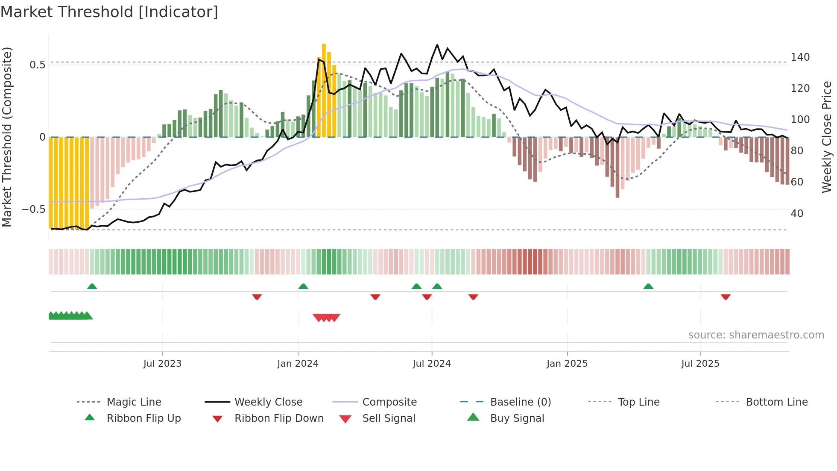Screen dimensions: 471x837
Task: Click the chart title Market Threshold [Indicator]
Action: (x=109, y=12)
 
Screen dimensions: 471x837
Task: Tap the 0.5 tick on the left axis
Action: (x=37, y=65)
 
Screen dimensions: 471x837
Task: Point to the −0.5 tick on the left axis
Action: (x=34, y=209)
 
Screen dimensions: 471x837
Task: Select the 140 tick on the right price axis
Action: (x=800, y=57)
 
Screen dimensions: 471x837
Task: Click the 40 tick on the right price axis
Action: (x=797, y=213)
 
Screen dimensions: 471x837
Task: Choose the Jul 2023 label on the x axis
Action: (x=162, y=364)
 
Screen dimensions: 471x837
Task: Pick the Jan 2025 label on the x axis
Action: (x=567, y=364)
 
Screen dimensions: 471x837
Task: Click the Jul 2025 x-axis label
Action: (x=700, y=364)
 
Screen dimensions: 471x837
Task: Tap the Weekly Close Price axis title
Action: (x=827, y=137)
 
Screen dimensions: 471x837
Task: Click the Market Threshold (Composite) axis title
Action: (x=7, y=137)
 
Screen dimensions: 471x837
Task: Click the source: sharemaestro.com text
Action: (x=756, y=335)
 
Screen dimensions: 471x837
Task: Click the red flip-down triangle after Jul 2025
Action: (x=726, y=297)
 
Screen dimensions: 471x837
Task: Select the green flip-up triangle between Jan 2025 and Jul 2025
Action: (x=648, y=286)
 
